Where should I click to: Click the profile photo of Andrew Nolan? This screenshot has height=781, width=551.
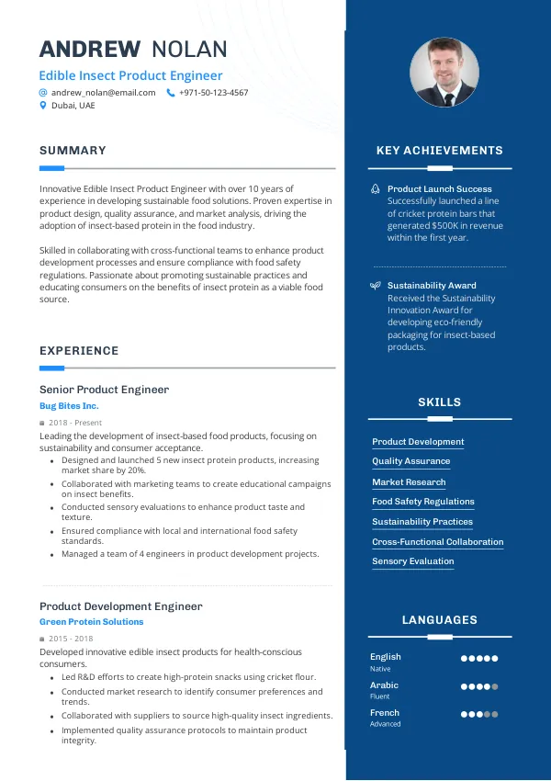click(444, 72)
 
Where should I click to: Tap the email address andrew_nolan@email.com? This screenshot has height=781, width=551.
click(103, 93)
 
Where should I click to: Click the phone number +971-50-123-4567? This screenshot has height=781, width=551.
click(213, 93)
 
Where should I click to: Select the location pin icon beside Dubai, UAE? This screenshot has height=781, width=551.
click(43, 106)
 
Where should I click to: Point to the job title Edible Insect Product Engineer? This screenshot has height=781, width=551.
click(130, 75)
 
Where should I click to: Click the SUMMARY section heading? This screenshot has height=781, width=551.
click(73, 151)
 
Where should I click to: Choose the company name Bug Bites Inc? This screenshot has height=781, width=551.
click(69, 405)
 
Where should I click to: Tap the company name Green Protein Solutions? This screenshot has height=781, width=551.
click(91, 622)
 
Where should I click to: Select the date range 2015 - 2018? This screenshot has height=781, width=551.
click(72, 639)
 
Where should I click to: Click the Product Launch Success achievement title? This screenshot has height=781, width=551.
click(439, 188)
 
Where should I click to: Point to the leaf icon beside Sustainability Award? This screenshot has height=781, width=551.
click(375, 286)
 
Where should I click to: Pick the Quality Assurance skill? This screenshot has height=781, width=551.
click(410, 461)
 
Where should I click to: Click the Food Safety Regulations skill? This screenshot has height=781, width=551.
click(422, 502)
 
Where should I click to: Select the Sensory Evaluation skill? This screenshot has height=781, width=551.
click(412, 561)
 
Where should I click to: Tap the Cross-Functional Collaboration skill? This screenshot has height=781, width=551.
click(437, 542)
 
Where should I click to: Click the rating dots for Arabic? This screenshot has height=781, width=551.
click(479, 686)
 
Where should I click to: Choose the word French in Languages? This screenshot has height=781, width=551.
click(385, 712)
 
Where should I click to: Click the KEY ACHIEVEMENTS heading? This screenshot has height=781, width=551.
click(440, 151)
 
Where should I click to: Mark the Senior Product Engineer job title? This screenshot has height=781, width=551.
click(104, 390)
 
